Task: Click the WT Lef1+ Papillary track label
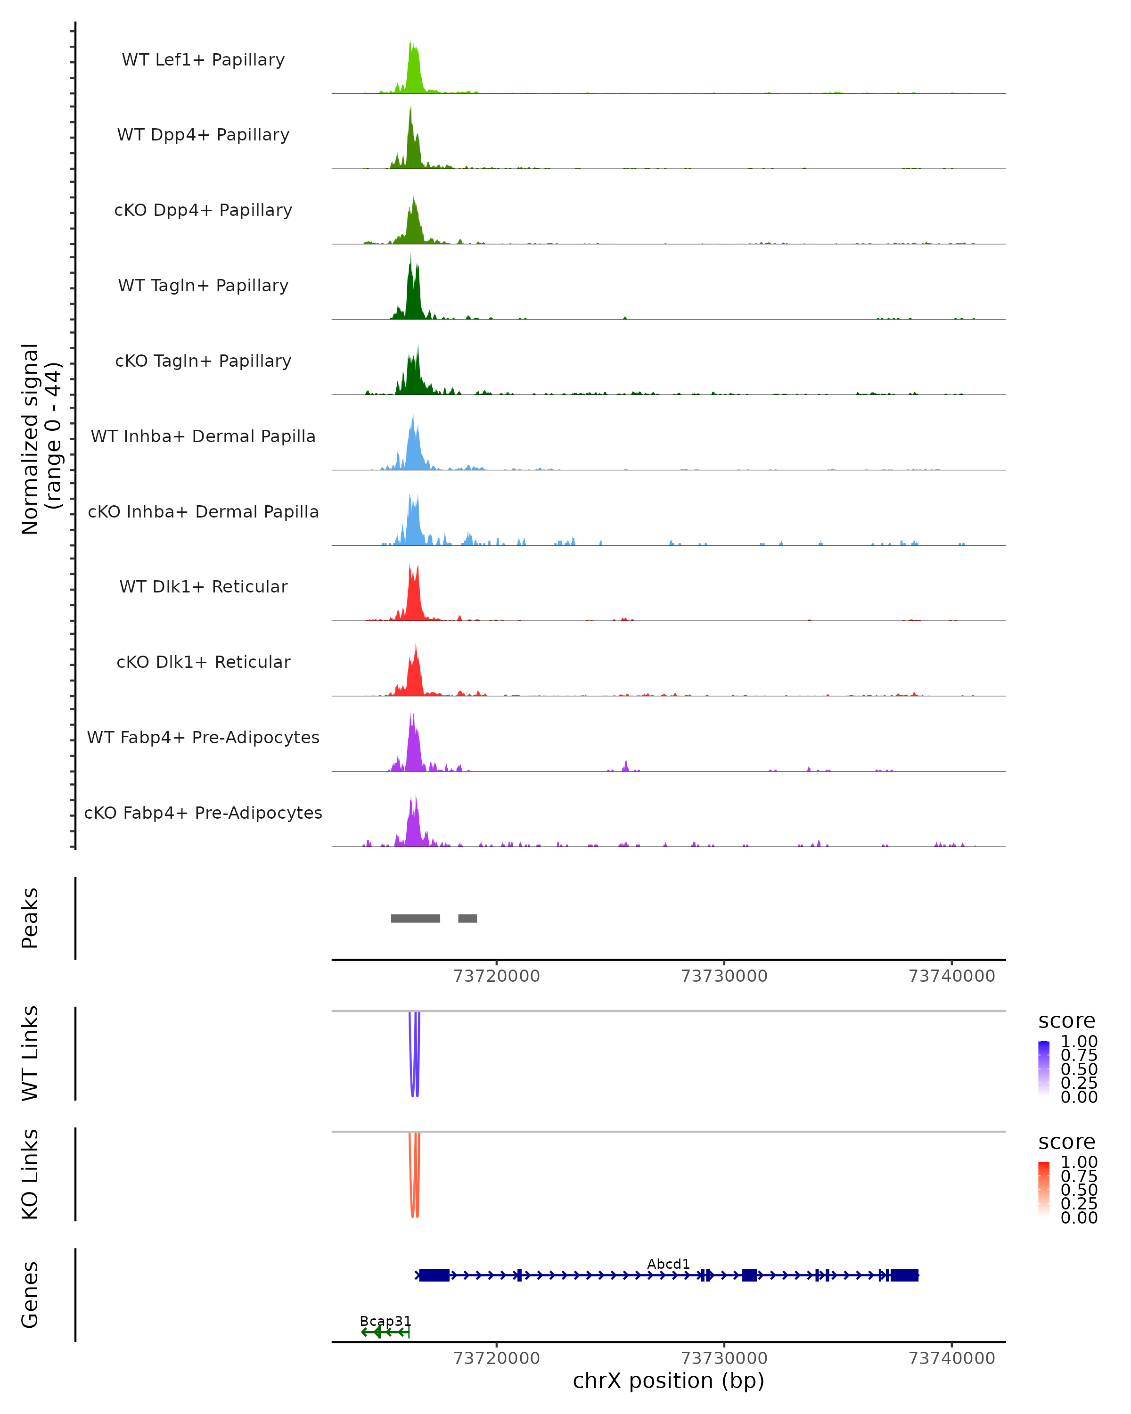coord(203,60)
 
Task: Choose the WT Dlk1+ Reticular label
coord(203,586)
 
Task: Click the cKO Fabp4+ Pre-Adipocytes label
coord(203,813)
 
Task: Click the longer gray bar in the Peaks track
coord(415,918)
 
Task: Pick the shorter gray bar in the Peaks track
coord(467,918)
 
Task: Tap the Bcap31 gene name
coord(385,1321)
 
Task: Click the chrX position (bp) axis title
coord(668,1381)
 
